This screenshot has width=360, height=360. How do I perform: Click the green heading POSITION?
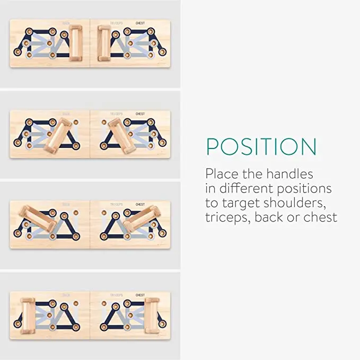click(261, 147)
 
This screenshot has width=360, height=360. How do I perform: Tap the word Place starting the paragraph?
click(222, 174)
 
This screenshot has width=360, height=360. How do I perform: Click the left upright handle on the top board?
click(76, 43)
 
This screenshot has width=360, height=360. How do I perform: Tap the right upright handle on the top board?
click(104, 43)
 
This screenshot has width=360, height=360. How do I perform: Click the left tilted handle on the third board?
click(37, 219)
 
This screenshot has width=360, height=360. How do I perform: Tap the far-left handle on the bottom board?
click(28, 315)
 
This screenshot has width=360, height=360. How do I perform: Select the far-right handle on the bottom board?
click(152, 315)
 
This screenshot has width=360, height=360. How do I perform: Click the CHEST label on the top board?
click(140, 23)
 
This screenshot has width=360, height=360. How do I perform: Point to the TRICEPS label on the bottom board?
click(116, 295)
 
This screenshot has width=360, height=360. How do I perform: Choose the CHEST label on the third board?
click(140, 204)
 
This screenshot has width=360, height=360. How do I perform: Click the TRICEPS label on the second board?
click(116, 113)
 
